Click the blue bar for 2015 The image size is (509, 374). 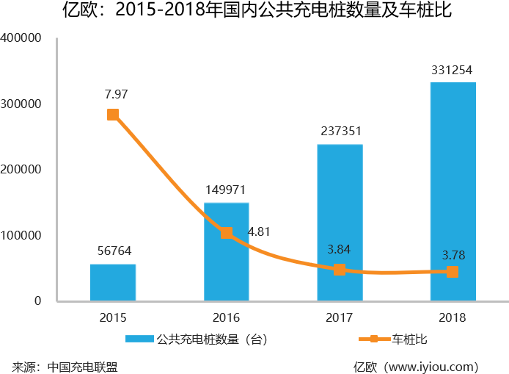(113, 282)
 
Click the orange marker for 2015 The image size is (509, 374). (113, 115)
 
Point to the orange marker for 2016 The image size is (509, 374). (227, 233)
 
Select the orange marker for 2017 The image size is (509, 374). (340, 270)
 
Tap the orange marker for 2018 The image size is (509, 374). (453, 272)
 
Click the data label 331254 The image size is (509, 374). (453, 71)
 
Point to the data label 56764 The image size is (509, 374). (114, 251)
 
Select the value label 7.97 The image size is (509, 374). (117, 93)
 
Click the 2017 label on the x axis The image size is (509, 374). (340, 318)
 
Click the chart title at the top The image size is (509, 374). (254, 12)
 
